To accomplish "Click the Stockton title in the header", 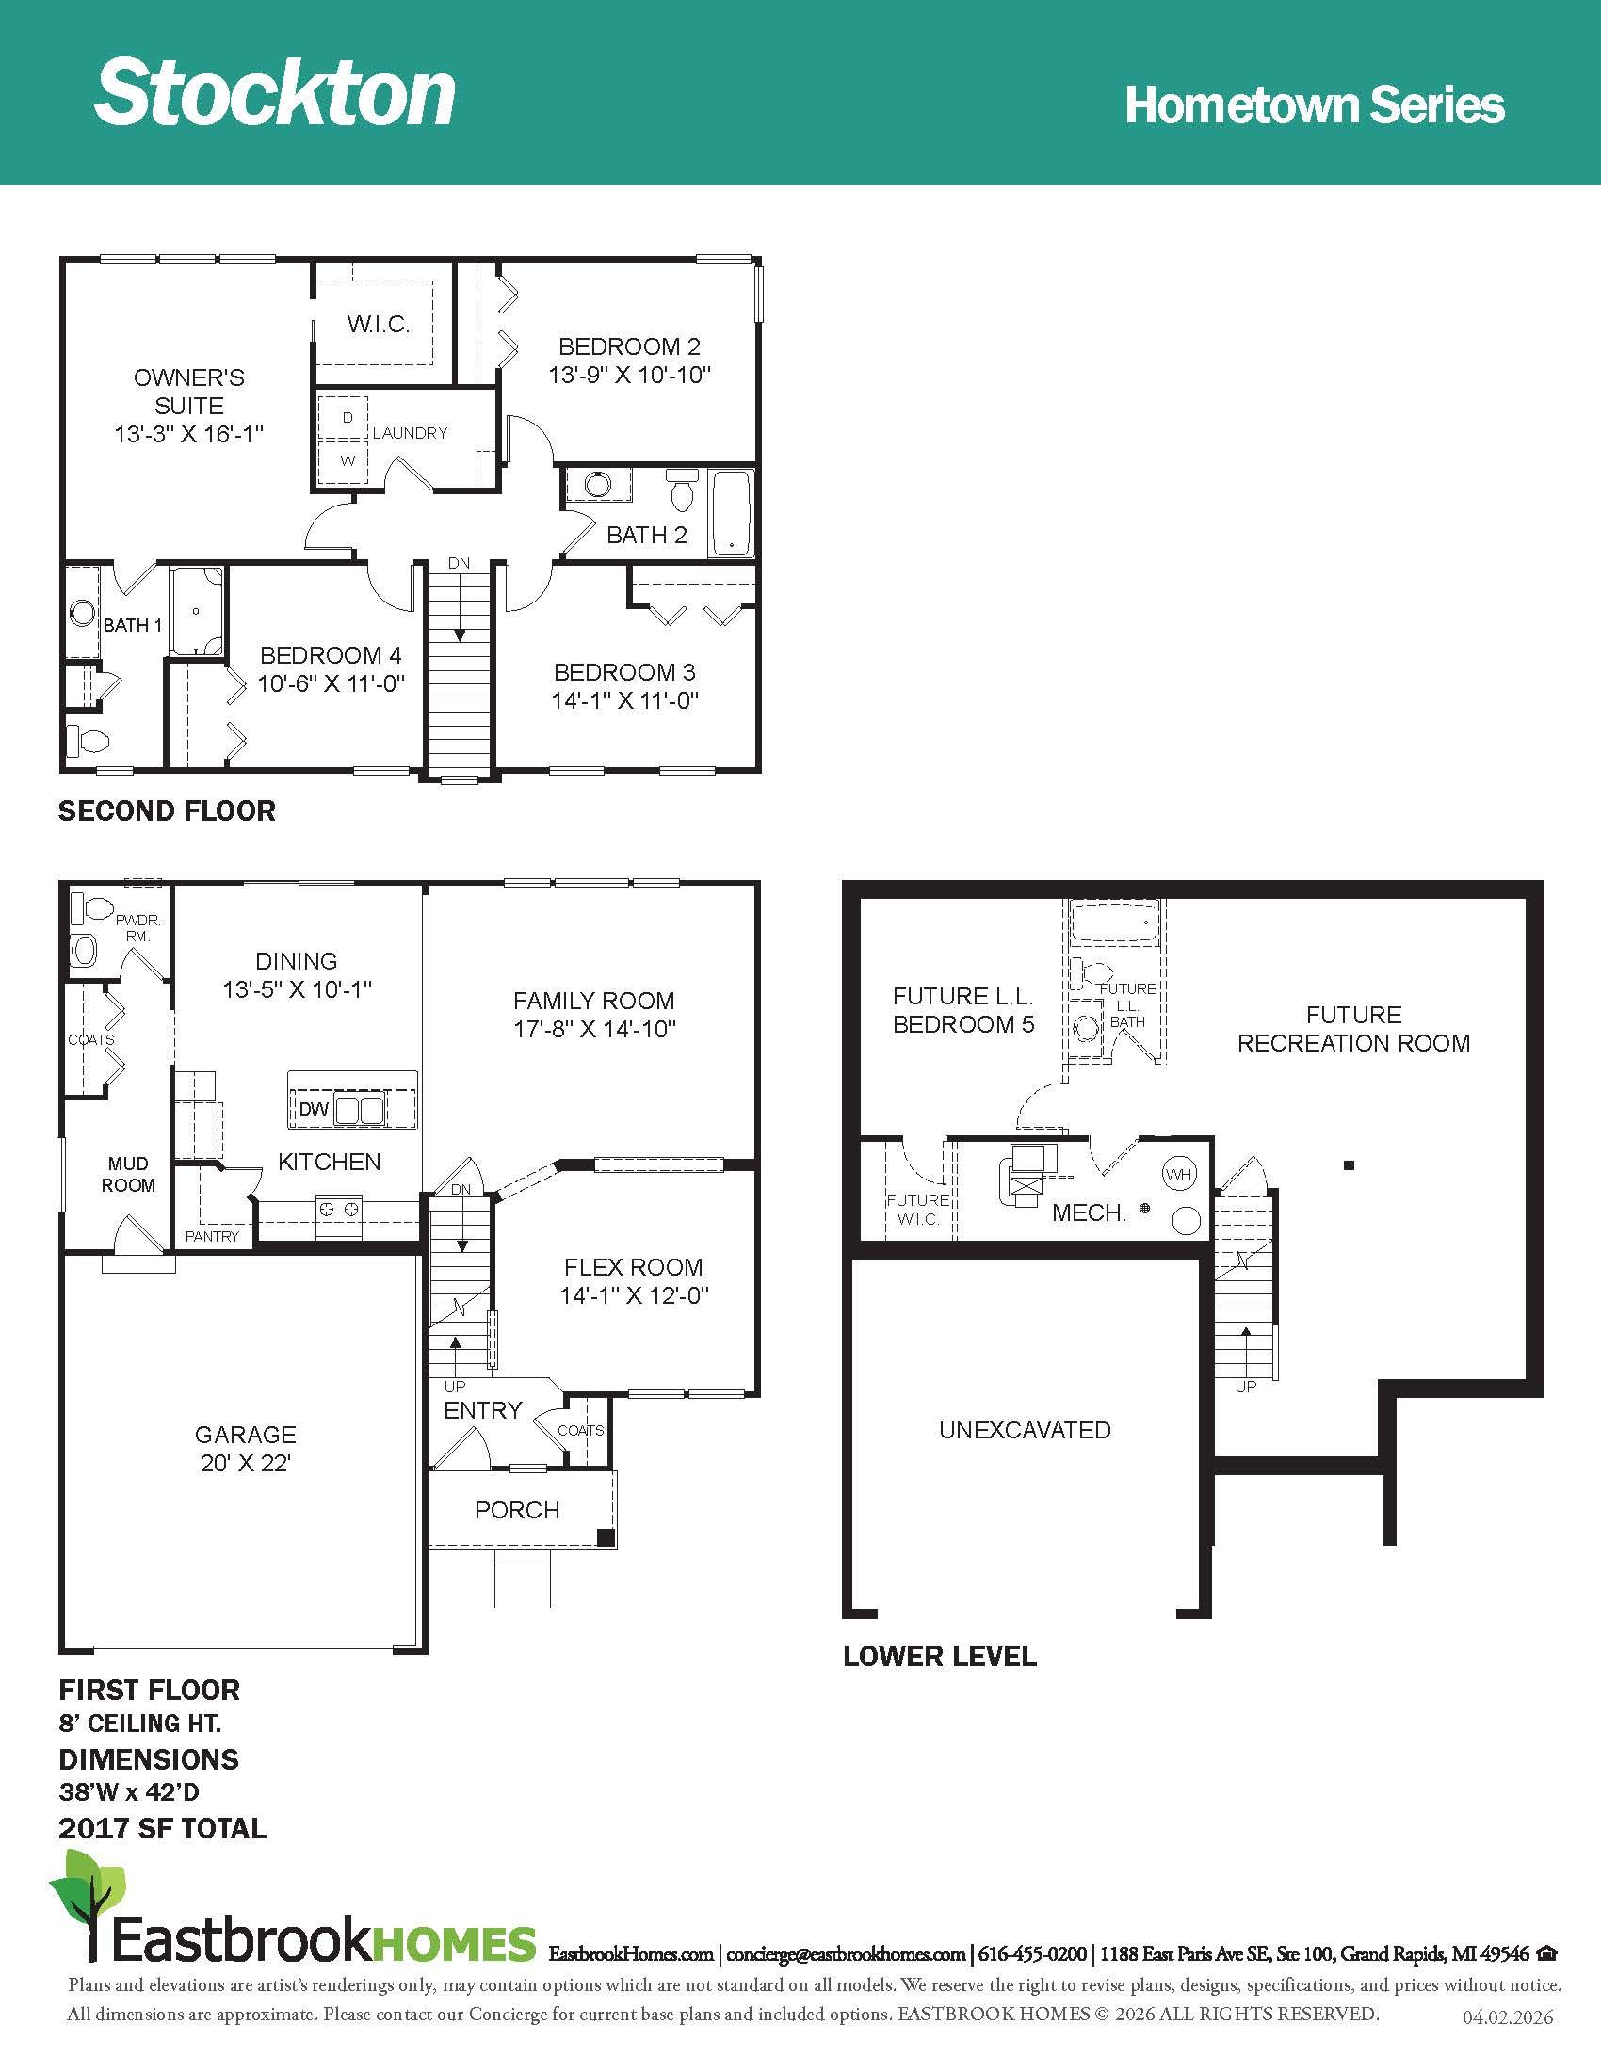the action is pyautogui.click(x=275, y=91).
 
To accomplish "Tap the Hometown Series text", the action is pyautogui.click(x=1315, y=104).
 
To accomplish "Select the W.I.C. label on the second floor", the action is pyautogui.click(x=379, y=325).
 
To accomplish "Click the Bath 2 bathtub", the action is pyautogui.click(x=732, y=513).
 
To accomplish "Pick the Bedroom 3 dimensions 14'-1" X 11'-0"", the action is pyautogui.click(x=625, y=700).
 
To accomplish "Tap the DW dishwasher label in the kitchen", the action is pyautogui.click(x=313, y=1110).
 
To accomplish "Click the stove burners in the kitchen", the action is pyautogui.click(x=339, y=1209).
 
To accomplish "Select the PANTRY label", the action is pyautogui.click(x=213, y=1237).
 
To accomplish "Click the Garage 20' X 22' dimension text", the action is pyautogui.click(x=246, y=1463).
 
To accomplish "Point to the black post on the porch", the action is pyautogui.click(x=605, y=1538).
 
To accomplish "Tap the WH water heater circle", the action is pyautogui.click(x=1179, y=1175).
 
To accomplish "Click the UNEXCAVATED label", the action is pyautogui.click(x=1026, y=1430).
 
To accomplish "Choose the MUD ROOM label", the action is pyautogui.click(x=128, y=1174).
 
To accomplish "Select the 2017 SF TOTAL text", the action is pyautogui.click(x=163, y=1828).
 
